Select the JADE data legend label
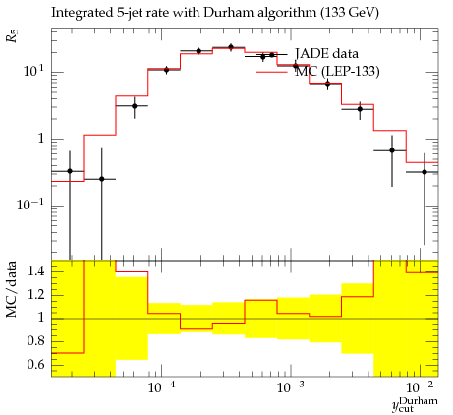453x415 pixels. click(326, 53)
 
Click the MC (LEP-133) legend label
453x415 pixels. click(337, 71)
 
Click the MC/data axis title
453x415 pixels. click(12, 289)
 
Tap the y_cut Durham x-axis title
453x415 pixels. click(415, 404)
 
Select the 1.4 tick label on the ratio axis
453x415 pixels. click(36, 271)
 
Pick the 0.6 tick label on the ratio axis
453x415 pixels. click(36, 364)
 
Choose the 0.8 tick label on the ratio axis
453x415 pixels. click(36, 341)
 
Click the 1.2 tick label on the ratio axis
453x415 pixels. click(36, 295)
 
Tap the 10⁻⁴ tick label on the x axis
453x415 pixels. click(161, 387)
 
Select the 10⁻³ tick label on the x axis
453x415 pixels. click(291, 387)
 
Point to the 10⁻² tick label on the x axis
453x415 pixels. click(420, 387)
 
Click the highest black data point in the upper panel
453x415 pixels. click(231, 47)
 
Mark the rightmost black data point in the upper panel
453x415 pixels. click(425, 172)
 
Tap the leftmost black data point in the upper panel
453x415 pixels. click(70, 171)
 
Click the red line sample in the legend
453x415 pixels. click(272, 72)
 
